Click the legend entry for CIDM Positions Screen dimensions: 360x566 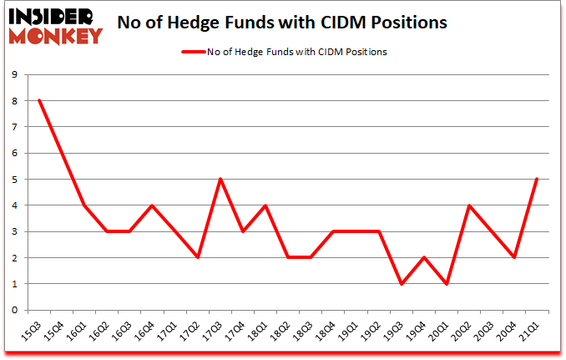(284, 52)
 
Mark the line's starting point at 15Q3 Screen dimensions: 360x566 (38, 100)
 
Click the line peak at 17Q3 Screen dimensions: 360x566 (220, 179)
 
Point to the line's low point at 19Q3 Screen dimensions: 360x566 (402, 283)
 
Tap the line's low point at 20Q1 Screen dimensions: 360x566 (447, 283)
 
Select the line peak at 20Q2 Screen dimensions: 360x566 (469, 205)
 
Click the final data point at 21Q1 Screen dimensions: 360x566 (537, 179)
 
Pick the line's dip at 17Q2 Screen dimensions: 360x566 (197, 257)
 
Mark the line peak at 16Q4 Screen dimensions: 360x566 (151, 205)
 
